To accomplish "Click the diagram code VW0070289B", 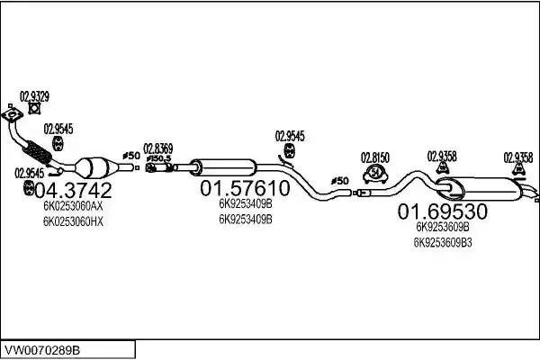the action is [x=41, y=350].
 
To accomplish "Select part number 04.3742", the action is [x=74, y=190].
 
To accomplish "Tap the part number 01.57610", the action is [x=245, y=188].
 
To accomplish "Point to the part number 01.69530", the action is [x=443, y=211].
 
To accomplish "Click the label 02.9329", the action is [x=34, y=96].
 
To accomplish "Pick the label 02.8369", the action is [x=158, y=148].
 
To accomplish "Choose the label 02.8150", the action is [x=375, y=157].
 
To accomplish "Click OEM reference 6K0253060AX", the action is [x=73, y=206].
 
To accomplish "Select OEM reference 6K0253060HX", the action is [x=73, y=221].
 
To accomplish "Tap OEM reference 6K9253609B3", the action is [x=443, y=242].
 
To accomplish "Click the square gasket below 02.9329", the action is [x=34, y=109].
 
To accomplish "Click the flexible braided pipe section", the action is [x=37, y=153].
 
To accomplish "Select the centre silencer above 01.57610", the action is [x=223, y=167].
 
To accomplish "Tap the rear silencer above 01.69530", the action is [x=479, y=189].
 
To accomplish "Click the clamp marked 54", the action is [x=375, y=174].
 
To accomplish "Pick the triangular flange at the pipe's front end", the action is [x=13, y=114].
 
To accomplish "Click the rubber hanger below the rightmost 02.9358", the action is [x=518, y=169].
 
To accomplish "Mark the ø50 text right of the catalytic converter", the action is [x=130, y=156].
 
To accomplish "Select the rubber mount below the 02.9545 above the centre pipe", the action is [x=290, y=151].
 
